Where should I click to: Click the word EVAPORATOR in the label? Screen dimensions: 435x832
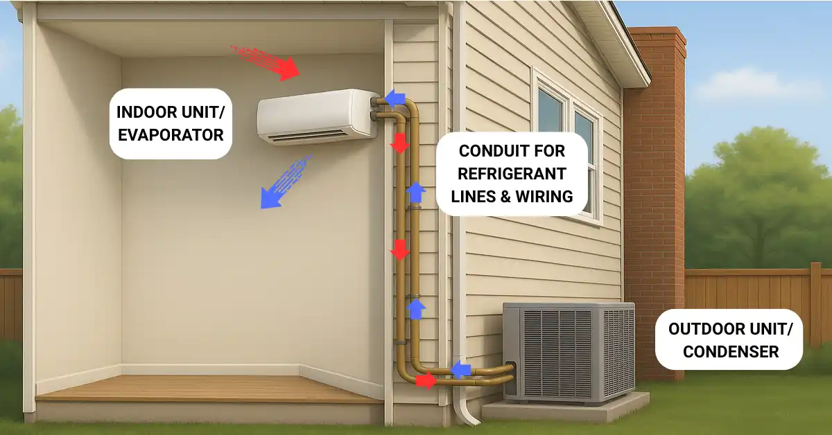pyautogui.click(x=171, y=134)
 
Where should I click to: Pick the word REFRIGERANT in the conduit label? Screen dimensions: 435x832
pyautogui.click(x=512, y=173)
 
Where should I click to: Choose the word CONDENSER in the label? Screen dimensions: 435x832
pyautogui.click(x=731, y=351)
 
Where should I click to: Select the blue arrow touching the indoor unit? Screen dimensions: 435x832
pyautogui.click(x=395, y=99)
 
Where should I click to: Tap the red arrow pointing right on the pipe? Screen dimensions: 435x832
pyautogui.click(x=426, y=380)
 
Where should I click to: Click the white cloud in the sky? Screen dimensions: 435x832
pyautogui.click(x=756, y=87)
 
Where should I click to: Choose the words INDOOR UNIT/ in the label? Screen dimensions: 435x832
pyautogui.click(x=171, y=112)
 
